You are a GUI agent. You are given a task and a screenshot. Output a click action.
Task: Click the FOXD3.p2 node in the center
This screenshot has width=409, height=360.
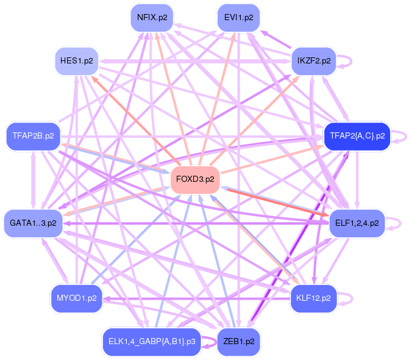[195, 179]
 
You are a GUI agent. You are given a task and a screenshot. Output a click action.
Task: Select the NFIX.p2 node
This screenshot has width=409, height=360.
[152, 17]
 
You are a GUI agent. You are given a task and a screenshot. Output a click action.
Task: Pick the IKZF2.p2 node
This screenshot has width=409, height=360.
[313, 61]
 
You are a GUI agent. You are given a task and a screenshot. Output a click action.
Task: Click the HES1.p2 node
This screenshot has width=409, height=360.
[77, 61]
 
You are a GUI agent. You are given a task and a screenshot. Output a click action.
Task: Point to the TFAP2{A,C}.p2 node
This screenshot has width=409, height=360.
[357, 136]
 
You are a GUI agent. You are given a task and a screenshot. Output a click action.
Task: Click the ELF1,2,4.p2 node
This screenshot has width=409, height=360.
[357, 223]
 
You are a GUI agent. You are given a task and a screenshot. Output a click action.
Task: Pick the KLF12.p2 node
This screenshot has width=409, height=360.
[313, 298]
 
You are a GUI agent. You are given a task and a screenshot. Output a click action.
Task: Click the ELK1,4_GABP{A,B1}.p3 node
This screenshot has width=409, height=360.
[151, 341]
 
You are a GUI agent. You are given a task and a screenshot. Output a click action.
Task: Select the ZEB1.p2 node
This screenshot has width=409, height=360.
[239, 341]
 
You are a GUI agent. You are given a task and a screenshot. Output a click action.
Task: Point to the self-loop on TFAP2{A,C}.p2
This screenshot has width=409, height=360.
[402, 136]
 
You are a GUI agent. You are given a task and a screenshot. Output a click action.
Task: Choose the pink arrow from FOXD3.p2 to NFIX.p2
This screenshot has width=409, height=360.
[173, 98]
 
